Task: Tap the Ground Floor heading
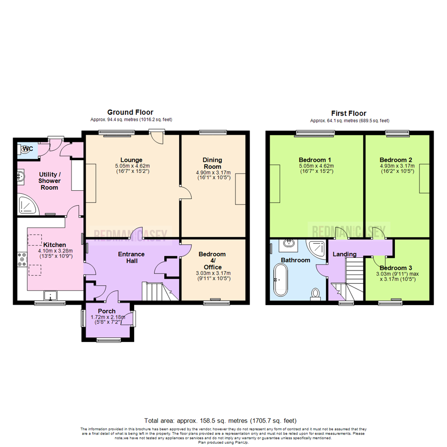[130, 112]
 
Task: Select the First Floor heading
[348, 113]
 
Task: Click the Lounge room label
[131, 160]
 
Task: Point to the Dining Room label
[212, 163]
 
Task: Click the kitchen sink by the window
[52, 296]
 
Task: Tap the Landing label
[344, 254]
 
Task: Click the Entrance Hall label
[131, 257]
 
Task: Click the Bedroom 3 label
[396, 268]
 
